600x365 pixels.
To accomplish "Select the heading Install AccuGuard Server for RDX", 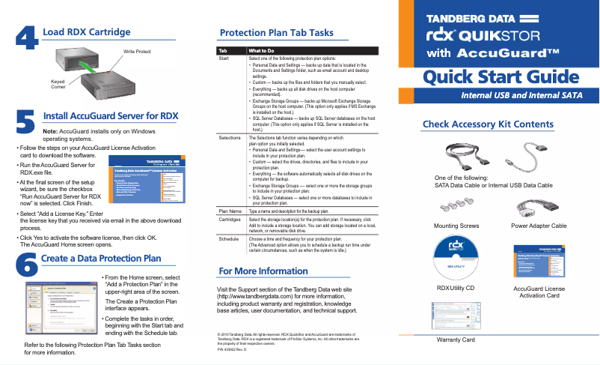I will pos(111,116).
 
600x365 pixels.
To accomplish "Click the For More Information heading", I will pos(262,271).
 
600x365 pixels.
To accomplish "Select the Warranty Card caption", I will pos(456,340).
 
